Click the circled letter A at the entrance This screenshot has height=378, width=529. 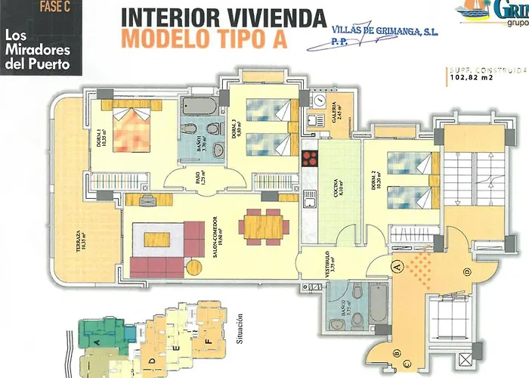pos(395,265)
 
